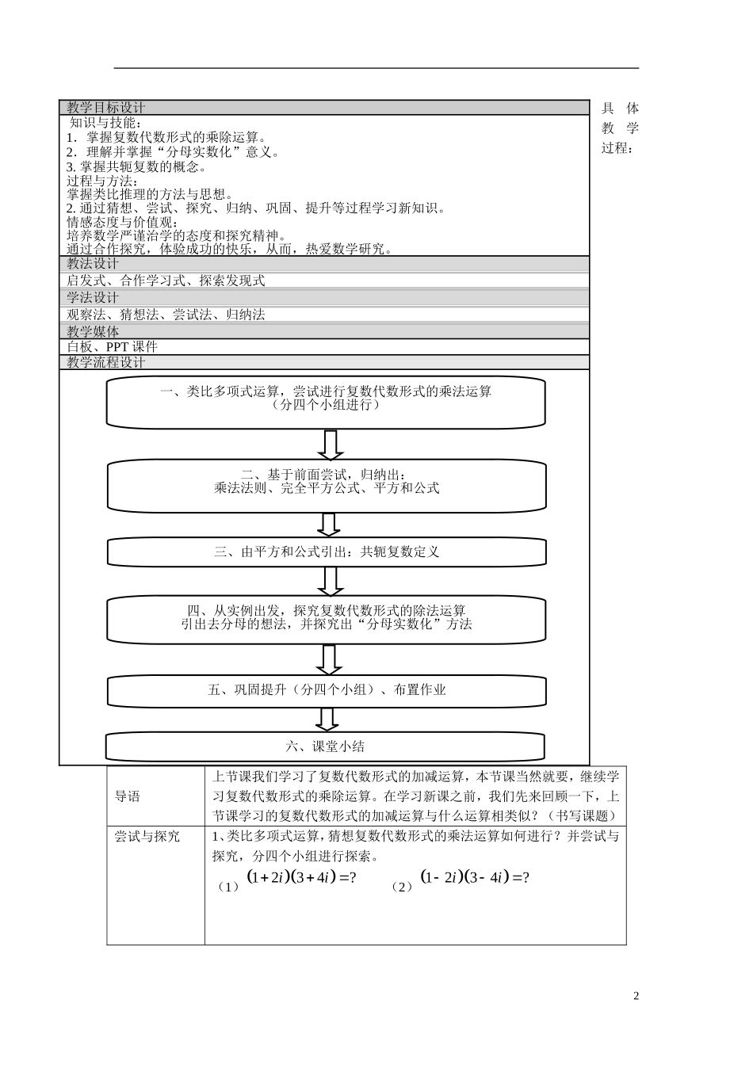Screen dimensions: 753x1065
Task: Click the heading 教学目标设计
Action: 106,108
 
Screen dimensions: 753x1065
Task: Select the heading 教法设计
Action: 93,264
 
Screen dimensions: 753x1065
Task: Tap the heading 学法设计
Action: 93,297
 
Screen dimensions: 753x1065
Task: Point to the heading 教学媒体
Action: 93,331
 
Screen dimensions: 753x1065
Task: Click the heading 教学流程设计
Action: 106,362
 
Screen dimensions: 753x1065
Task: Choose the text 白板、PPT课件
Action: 113,347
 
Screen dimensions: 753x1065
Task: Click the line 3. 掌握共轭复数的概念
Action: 136,166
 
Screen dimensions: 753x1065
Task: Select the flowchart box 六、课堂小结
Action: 325,746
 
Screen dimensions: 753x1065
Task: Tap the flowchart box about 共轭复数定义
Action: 327,552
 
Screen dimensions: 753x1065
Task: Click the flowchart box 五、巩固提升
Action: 327,690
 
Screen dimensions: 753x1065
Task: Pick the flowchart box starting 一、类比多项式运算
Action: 326,401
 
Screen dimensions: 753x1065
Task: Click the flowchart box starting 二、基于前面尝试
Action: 327,485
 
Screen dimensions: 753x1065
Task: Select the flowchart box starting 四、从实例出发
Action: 327,619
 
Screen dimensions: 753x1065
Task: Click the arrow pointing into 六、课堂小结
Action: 327,719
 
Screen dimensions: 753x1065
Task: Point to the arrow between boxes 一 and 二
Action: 331,445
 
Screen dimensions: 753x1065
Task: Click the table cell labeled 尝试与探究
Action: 147,837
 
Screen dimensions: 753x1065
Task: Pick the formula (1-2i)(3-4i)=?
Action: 474,878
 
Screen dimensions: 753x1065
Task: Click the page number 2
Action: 636,996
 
